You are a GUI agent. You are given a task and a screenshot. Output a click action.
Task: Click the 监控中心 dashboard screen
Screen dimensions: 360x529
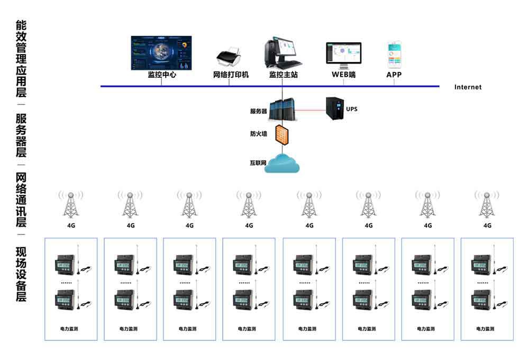coord(161,52)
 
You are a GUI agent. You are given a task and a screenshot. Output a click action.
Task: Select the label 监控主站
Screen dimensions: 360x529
coord(283,75)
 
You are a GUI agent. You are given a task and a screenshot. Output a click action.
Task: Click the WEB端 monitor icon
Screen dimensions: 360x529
coord(343,55)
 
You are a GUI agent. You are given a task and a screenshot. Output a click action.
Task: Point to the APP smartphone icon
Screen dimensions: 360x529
coord(394,55)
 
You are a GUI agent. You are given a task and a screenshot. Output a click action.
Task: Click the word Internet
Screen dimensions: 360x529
coord(468,87)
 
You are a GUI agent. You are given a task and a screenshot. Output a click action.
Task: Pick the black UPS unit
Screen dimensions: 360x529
coord(335,108)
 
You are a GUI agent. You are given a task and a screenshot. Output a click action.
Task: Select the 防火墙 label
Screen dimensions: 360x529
coord(258,134)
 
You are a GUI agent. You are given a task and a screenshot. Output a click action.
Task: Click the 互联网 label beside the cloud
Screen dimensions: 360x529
coord(258,163)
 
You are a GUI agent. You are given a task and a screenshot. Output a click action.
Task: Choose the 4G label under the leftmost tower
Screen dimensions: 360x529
coord(70,226)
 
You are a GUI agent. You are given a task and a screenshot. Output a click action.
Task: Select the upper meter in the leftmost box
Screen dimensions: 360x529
coord(66,265)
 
